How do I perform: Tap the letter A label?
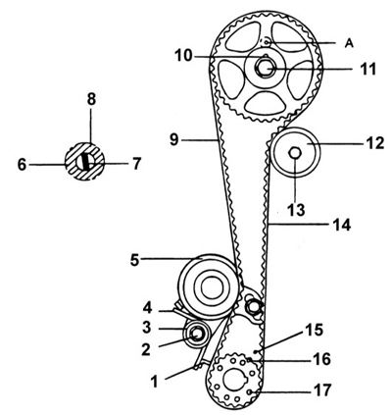click(x=349, y=43)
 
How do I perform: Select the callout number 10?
click(x=183, y=56)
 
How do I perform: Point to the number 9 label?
click(x=174, y=139)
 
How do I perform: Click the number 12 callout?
click(x=374, y=143)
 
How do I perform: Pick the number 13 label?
click(x=295, y=210)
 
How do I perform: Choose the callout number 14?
click(x=341, y=225)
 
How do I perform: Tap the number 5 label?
click(x=135, y=260)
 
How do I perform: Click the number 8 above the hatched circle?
click(x=91, y=99)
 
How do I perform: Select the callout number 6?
click(x=22, y=165)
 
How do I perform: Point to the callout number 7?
click(x=136, y=164)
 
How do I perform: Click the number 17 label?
click(x=321, y=389)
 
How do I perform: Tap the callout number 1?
click(x=154, y=382)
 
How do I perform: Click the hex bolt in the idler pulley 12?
click(x=295, y=152)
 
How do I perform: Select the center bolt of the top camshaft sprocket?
click(x=267, y=69)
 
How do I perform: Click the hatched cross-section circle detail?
click(x=85, y=162)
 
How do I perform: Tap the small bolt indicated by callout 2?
click(x=197, y=334)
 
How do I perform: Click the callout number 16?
click(x=321, y=359)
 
